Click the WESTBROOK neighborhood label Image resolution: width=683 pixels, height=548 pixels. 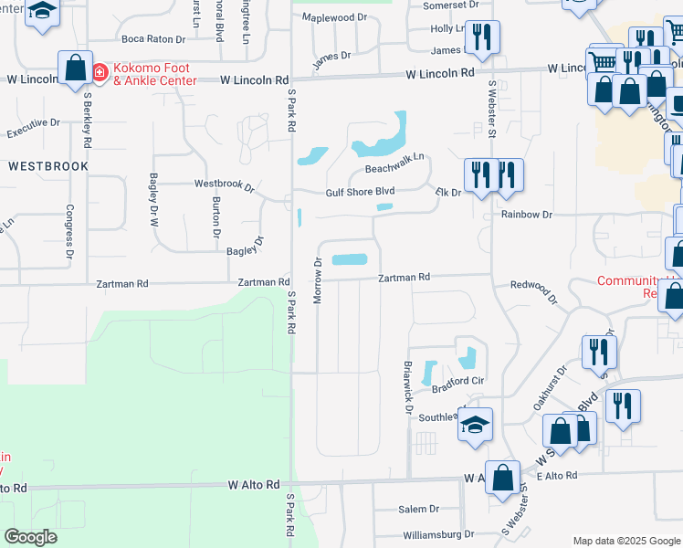point(48,166)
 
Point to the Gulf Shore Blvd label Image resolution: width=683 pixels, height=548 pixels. point(360,192)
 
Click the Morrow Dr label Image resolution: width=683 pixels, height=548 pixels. point(319,274)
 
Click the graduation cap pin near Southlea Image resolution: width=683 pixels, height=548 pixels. point(475,425)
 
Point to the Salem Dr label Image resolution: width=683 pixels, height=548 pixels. point(419,509)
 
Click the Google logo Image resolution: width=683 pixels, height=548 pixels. point(30,537)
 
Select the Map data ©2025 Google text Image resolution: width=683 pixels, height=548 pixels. point(625,540)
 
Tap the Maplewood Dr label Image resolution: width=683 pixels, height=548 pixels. point(334,17)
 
